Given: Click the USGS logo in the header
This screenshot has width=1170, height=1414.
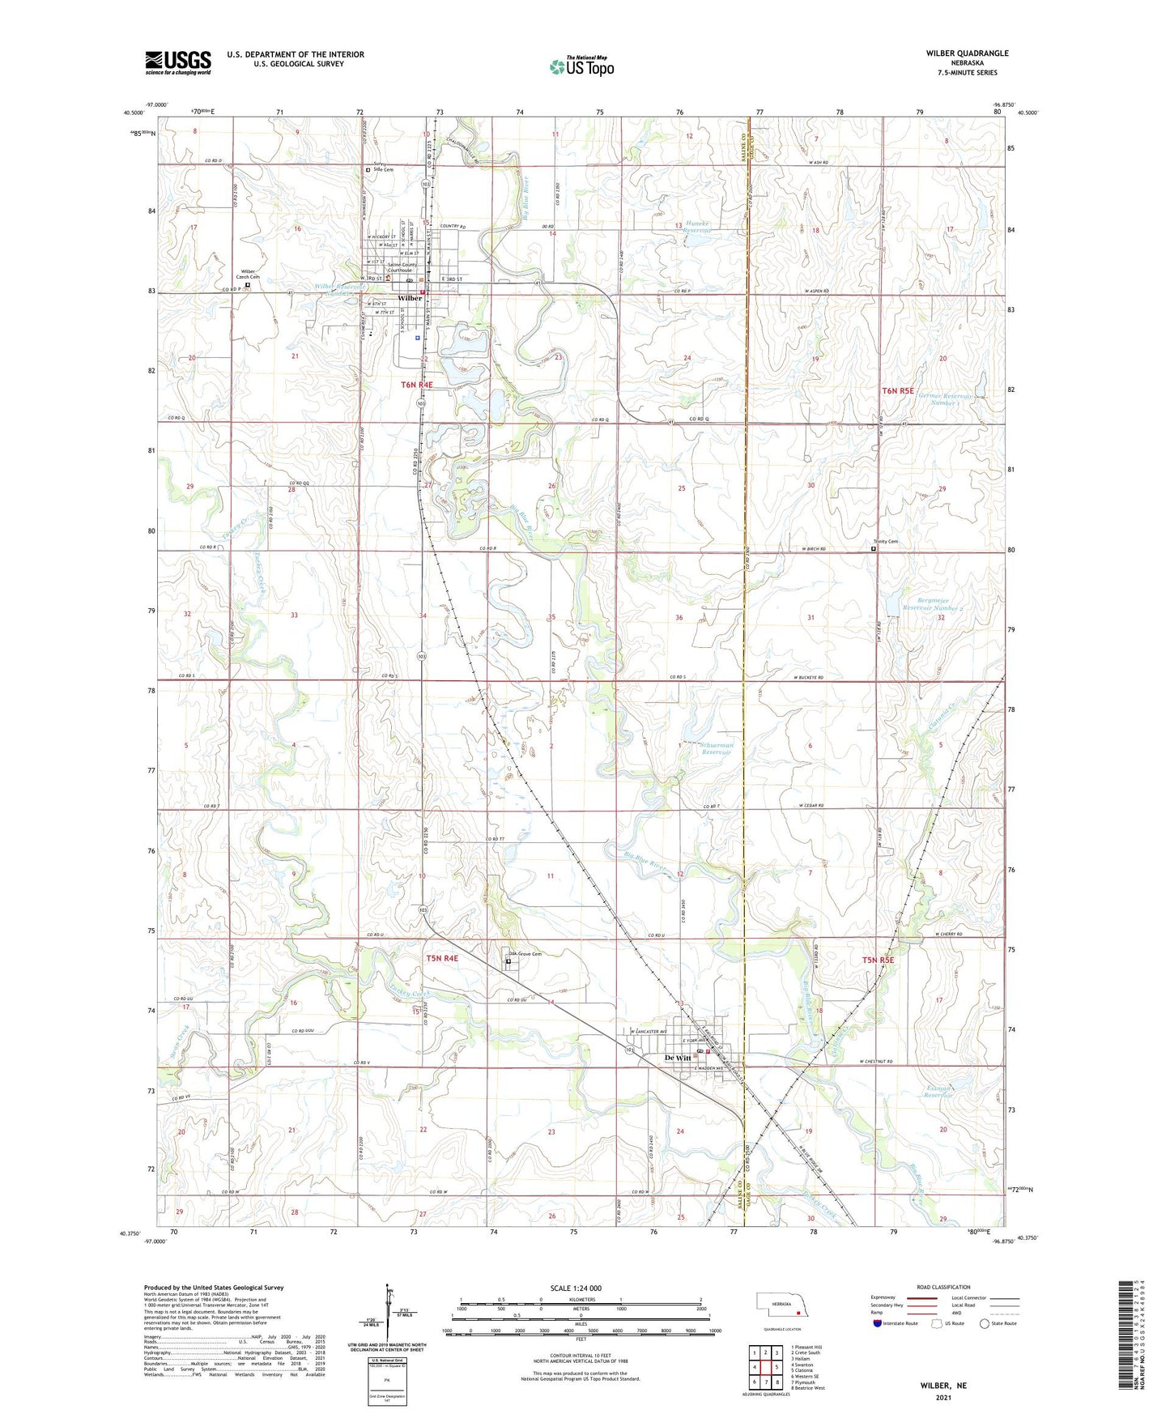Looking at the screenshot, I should coord(178,62).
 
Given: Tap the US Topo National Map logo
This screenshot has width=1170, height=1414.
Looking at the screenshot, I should coord(581,66).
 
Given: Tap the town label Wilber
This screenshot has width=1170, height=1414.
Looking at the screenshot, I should coord(411,298).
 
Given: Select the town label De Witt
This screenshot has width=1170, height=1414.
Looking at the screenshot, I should coord(678,1058).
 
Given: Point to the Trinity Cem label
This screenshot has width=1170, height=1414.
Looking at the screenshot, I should coord(885,542).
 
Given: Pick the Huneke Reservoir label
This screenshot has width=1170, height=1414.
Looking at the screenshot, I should coord(698,228).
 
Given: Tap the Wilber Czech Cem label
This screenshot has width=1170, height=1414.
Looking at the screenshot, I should coord(248,274).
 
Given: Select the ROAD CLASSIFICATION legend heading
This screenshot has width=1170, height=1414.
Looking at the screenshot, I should coord(943,1287).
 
